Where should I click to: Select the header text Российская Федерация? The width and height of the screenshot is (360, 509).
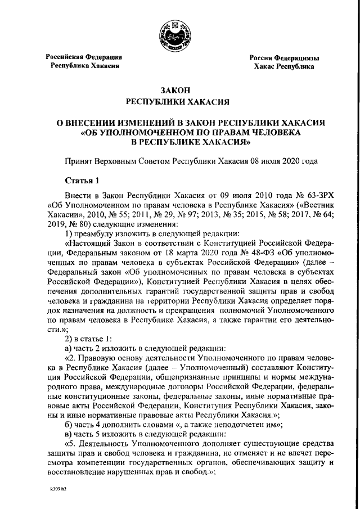click(84, 57)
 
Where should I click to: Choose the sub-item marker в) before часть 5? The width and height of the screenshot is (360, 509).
click(70, 434)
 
